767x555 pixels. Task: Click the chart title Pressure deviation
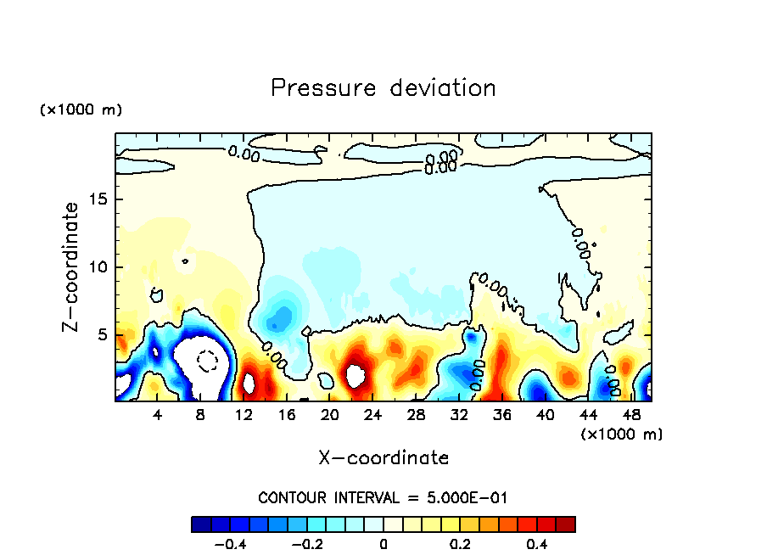(x=383, y=87)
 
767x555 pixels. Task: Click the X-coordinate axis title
(x=383, y=458)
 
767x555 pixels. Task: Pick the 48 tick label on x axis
(x=630, y=415)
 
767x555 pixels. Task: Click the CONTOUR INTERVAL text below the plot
(x=383, y=497)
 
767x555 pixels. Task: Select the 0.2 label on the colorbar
(x=460, y=544)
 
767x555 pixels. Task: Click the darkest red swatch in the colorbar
(x=566, y=524)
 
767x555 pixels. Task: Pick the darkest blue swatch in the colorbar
(x=201, y=524)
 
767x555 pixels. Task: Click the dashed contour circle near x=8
(x=207, y=361)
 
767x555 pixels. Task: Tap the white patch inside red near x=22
(x=356, y=374)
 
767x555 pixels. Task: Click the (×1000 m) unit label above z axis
(x=81, y=110)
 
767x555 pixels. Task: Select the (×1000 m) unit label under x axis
(x=622, y=434)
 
